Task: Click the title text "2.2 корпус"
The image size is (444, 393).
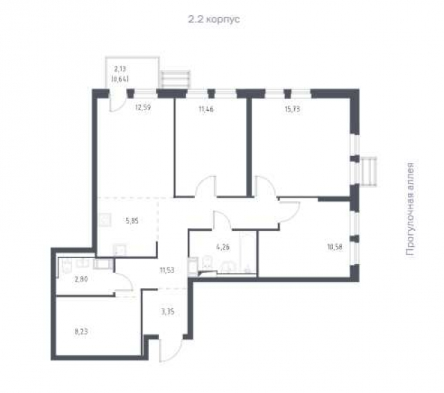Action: [214, 19]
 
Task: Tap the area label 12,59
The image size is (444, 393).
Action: [143, 108]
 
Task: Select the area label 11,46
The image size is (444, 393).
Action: [206, 110]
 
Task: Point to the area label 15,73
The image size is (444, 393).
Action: [292, 110]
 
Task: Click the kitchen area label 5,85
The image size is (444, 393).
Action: [133, 221]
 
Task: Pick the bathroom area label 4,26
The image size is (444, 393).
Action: [223, 247]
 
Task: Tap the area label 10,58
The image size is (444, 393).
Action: [334, 247]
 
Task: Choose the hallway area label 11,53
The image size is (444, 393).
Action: [166, 270]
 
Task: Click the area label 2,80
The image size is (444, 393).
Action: [81, 279]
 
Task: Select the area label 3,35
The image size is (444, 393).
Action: [168, 312]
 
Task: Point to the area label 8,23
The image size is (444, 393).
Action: [81, 331]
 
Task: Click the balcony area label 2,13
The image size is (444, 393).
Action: [120, 69]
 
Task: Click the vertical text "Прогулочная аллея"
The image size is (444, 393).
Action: [410, 209]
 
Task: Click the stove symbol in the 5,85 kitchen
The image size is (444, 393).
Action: [105, 220]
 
